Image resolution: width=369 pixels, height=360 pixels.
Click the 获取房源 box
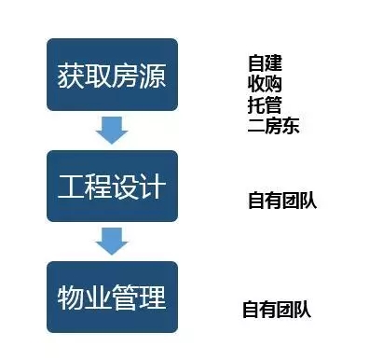pos(112,75)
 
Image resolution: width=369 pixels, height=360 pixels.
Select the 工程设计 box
pos(112,186)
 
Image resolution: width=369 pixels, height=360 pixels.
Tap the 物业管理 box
pos(112,297)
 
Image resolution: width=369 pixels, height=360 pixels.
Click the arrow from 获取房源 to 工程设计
pos(112,131)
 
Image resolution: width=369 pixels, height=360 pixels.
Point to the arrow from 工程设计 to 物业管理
pos(112,242)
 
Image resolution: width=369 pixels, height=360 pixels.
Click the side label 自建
pos(265,63)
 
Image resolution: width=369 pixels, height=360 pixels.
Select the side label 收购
pos(265,84)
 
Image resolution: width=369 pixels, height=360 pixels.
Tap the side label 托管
pos(265,104)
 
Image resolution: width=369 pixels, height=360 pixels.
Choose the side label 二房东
pos(273,125)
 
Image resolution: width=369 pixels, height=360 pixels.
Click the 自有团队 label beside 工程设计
pos(282,201)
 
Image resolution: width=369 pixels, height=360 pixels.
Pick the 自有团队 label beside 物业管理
pos(277,309)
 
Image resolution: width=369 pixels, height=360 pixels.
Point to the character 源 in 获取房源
pos(153,76)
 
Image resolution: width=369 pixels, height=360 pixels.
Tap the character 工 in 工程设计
pos(71,187)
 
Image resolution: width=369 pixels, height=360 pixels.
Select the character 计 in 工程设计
pos(153,187)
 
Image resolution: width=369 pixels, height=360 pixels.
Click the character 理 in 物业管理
pos(153,298)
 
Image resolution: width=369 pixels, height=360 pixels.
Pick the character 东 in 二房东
pos(291,125)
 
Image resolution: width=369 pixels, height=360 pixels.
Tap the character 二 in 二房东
pos(256,126)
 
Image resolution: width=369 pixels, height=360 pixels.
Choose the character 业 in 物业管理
pos(98,298)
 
